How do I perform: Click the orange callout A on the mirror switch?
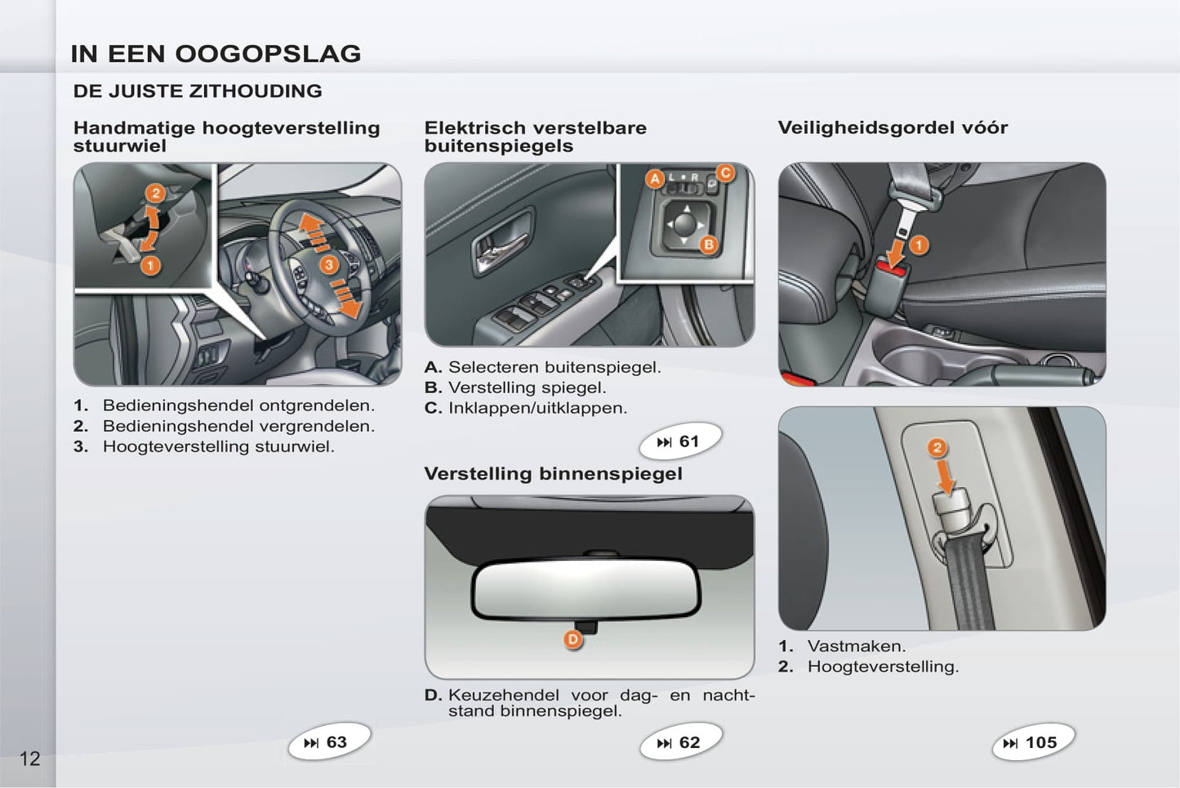click(655, 179)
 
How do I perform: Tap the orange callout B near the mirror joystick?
click(709, 244)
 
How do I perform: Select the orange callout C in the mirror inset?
click(725, 173)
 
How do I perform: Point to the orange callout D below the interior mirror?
click(572, 640)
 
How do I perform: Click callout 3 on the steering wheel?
click(329, 264)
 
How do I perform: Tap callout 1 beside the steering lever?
click(150, 266)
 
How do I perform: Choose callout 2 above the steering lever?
click(155, 194)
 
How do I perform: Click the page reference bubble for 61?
click(679, 441)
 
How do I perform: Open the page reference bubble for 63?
click(329, 741)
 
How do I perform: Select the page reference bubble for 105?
click(1033, 742)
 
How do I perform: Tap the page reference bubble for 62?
click(680, 741)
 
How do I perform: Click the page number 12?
click(30, 759)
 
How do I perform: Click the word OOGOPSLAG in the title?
click(268, 53)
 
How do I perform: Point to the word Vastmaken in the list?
click(857, 646)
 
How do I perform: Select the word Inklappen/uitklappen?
click(538, 408)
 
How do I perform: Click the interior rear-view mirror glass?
click(586, 588)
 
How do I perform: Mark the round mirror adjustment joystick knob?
click(685, 224)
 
